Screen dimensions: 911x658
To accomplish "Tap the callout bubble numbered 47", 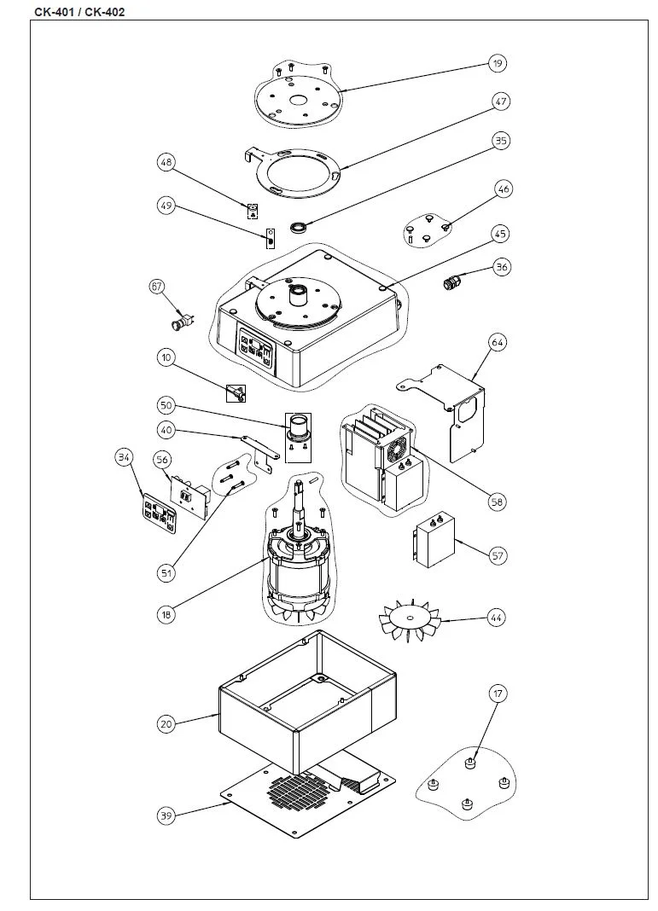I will [501, 102].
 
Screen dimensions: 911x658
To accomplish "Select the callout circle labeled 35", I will [501, 141].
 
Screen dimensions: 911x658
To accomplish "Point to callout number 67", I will [157, 287].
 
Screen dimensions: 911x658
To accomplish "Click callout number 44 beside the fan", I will [497, 618].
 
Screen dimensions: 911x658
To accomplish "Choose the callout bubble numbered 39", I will [166, 816].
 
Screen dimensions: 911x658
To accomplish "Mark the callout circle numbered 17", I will [498, 694].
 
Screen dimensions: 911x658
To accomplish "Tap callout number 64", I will [498, 343].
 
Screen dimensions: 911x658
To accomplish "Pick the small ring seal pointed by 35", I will [297, 228].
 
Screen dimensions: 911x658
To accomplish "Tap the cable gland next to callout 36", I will [451, 281].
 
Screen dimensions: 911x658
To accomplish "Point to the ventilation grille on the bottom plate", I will [297, 791].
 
